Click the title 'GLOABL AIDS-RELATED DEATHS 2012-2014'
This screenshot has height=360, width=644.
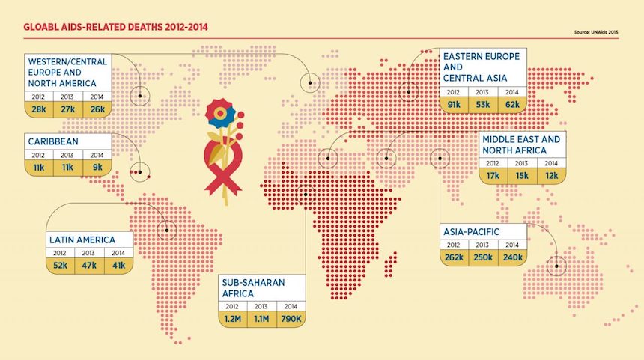[x=116, y=28]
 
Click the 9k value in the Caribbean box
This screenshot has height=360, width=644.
[x=97, y=168]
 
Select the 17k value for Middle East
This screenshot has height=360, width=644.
[x=493, y=175]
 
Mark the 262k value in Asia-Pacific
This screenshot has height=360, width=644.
[x=455, y=257]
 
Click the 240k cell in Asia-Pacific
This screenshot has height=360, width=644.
[x=513, y=257]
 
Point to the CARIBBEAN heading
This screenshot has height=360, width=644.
[x=53, y=141]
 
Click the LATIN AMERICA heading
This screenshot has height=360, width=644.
[x=82, y=240]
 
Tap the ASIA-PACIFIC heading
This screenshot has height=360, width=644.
[x=471, y=231]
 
